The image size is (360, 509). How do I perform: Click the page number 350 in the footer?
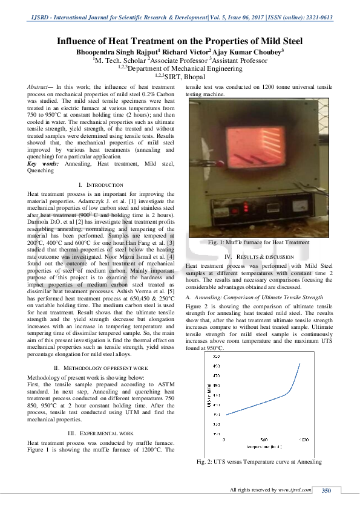(x=327, y=490)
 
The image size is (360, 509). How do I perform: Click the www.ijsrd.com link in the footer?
(x=295, y=490)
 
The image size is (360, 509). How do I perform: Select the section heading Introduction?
(x=104, y=184)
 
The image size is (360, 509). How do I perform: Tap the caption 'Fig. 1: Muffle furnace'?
(x=258, y=242)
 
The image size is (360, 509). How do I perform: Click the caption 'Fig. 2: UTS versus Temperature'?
(x=259, y=462)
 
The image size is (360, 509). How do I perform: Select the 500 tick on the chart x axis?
(x=264, y=439)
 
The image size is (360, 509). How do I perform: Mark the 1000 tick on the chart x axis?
(x=304, y=439)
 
